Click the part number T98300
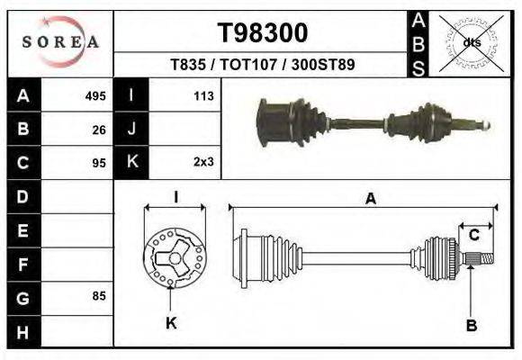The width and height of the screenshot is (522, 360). pyautogui.click(x=262, y=33)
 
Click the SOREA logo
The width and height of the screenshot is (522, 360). pyautogui.click(x=59, y=41)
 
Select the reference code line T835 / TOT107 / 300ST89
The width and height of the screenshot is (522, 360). pyautogui.click(x=262, y=66)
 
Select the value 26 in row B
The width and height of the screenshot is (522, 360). pyautogui.click(x=99, y=130)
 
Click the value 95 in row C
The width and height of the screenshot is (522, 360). pyautogui.click(x=99, y=163)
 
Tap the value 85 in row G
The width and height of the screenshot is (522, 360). pyautogui.click(x=99, y=296)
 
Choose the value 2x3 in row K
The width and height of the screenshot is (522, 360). pyautogui.click(x=202, y=163)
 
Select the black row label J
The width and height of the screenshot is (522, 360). pyautogui.click(x=131, y=130)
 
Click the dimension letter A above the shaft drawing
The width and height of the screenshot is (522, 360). pyautogui.click(x=370, y=201)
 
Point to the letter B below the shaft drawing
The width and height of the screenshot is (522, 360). pyautogui.click(x=470, y=325)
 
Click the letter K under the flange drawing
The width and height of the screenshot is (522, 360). pyautogui.click(x=171, y=322)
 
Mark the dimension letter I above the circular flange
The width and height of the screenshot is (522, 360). pyautogui.click(x=175, y=198)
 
